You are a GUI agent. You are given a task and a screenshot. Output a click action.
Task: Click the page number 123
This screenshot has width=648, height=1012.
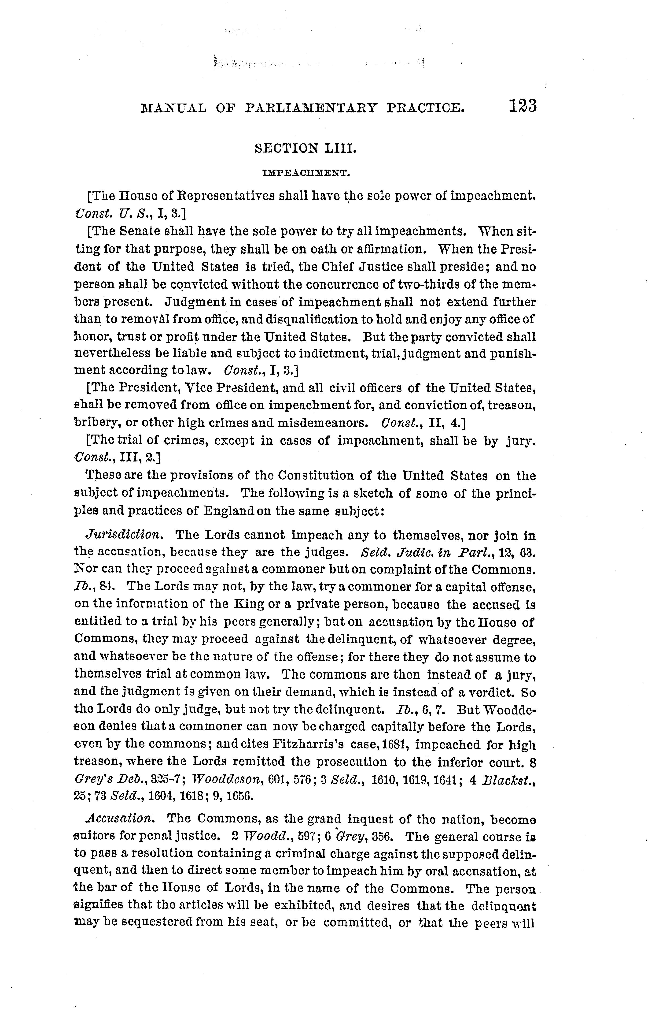(x=522, y=106)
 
